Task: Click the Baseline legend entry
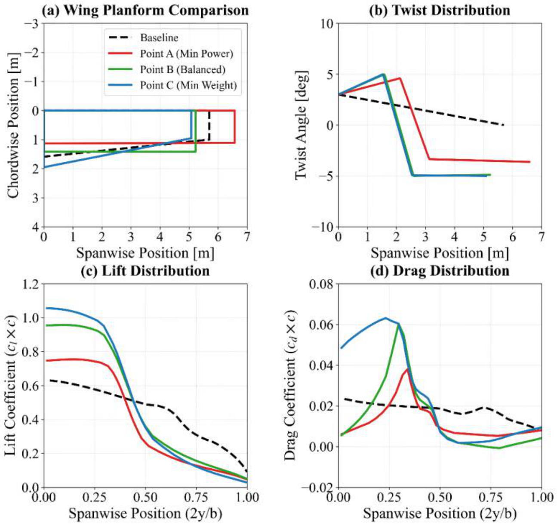[x=159, y=37]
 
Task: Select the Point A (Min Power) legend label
[x=187, y=54]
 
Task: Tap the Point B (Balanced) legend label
[x=182, y=69]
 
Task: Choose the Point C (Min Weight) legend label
[x=188, y=85]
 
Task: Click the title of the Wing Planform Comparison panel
[x=145, y=10]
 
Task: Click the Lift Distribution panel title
[x=145, y=271]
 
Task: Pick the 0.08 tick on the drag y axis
[x=321, y=284]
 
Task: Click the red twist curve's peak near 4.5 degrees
[x=400, y=78]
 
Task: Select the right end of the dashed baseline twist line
[x=504, y=125]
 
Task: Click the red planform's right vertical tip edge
[x=234, y=127]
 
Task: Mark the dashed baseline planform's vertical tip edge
[x=209, y=125]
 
